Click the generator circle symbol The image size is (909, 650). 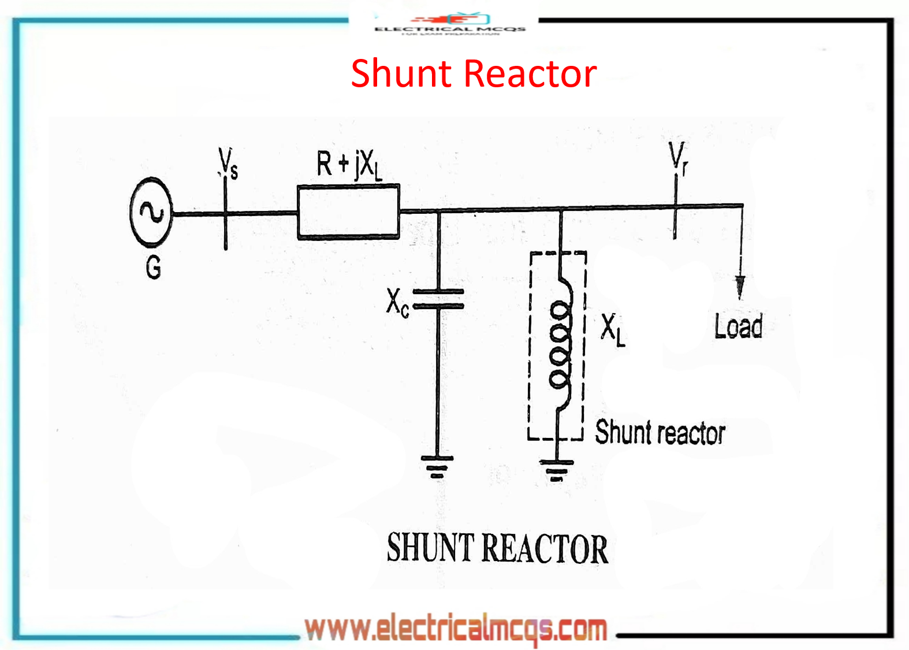151,213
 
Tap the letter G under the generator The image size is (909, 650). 153,268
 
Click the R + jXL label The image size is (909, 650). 349,164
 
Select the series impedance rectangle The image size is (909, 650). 348,211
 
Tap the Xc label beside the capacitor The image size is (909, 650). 397,302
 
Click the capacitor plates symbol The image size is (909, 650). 439,299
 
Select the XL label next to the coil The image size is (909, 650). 613,330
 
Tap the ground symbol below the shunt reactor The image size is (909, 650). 557,469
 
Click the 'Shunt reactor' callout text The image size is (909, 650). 660,433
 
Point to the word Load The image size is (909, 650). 738,326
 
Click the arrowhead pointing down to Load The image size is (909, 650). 740,287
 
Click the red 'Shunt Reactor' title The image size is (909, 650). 474,73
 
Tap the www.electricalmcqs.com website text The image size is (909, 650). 456,629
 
